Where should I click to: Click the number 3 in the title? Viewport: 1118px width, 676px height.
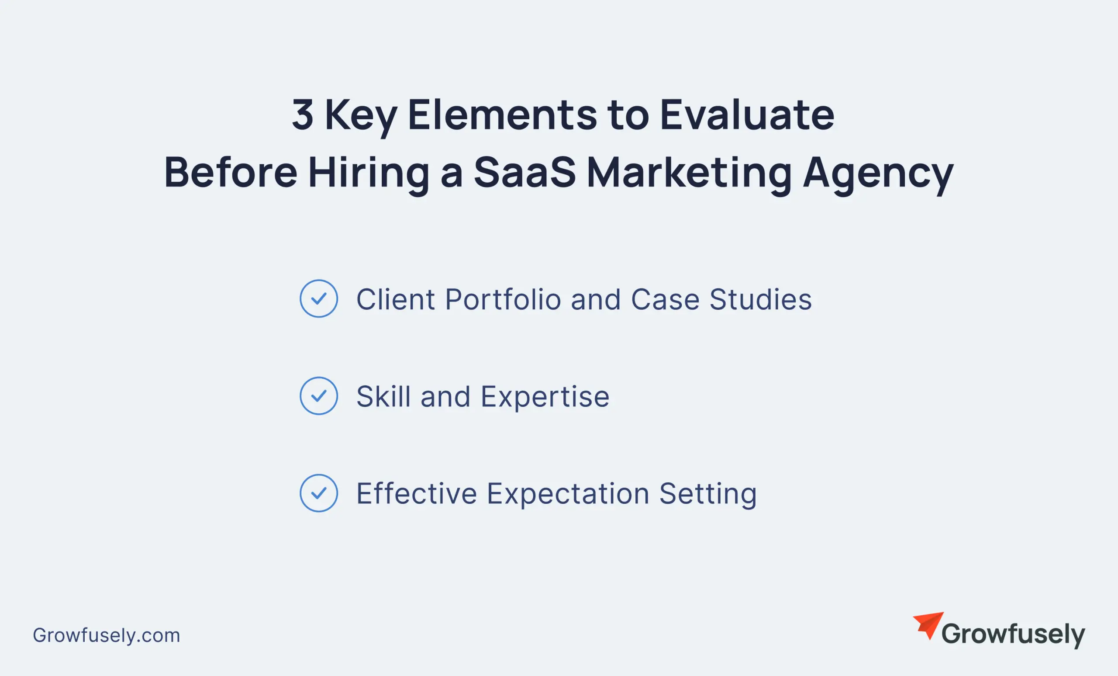coord(303,114)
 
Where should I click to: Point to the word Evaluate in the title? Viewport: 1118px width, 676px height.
coord(747,114)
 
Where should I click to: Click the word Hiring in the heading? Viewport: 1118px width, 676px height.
coord(369,173)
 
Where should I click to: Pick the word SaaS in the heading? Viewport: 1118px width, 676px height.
coord(524,173)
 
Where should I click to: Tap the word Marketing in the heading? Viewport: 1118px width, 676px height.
coord(689,173)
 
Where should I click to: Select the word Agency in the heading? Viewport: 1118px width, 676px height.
coord(878,174)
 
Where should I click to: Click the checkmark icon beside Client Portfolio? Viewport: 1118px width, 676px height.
coord(318,299)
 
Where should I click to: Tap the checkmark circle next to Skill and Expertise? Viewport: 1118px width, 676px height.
coord(318,396)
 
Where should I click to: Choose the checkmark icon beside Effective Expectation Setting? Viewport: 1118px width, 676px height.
coord(318,493)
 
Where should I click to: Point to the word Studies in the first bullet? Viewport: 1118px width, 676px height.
coord(760,300)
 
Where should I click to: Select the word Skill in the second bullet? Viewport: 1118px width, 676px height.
coord(383,397)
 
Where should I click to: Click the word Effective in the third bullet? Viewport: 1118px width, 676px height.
coord(417,494)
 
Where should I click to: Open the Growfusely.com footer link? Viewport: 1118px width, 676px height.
coord(107,635)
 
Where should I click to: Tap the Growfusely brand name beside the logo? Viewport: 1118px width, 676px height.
coord(1013,634)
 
